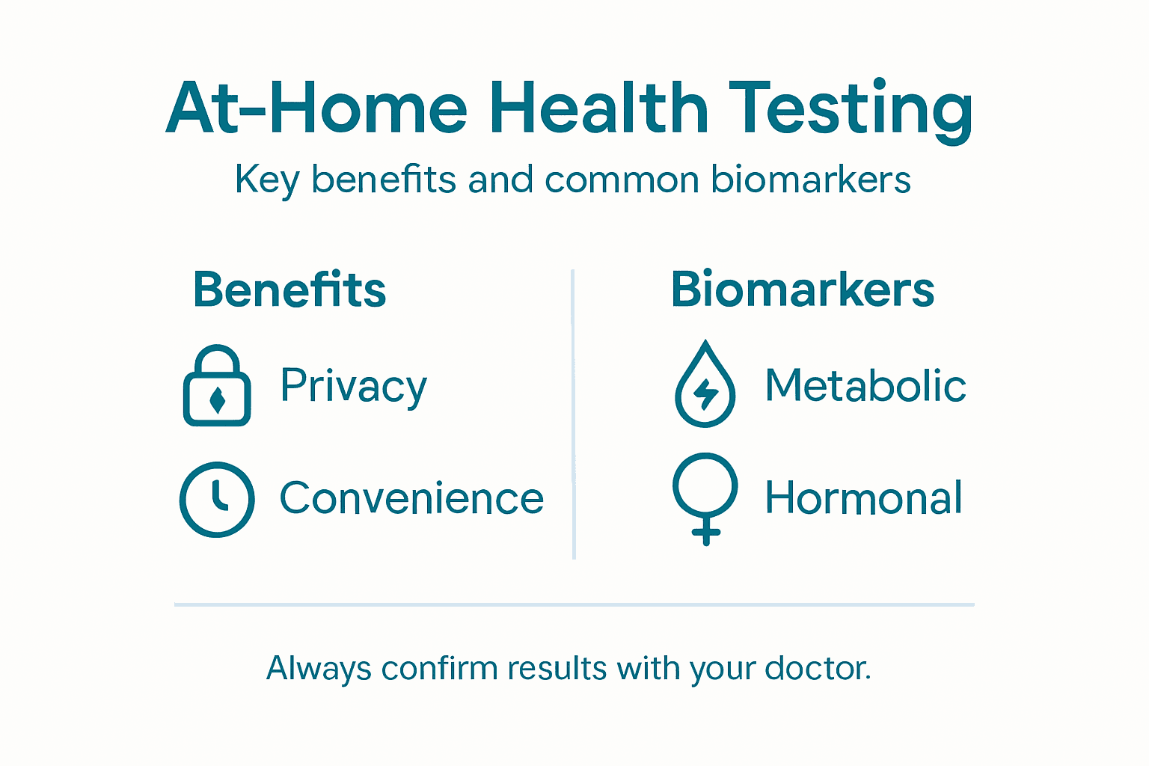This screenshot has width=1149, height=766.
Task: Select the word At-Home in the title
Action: (x=316, y=109)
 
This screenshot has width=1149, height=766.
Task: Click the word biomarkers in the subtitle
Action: (x=811, y=180)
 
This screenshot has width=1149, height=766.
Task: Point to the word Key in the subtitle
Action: (x=266, y=181)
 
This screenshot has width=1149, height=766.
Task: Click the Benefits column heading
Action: (x=289, y=289)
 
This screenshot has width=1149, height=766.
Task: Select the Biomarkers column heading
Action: (x=803, y=289)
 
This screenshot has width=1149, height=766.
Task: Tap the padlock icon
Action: (x=217, y=386)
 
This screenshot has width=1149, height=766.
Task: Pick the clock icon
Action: (x=217, y=499)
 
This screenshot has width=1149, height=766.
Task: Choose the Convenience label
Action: (x=411, y=498)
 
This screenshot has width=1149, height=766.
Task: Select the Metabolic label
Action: (x=865, y=386)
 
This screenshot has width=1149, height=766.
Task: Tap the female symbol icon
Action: (x=705, y=497)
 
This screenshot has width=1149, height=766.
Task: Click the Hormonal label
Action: (x=863, y=498)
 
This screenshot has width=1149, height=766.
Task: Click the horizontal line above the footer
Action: (x=574, y=604)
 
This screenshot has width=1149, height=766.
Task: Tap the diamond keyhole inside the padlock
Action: (x=218, y=400)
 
